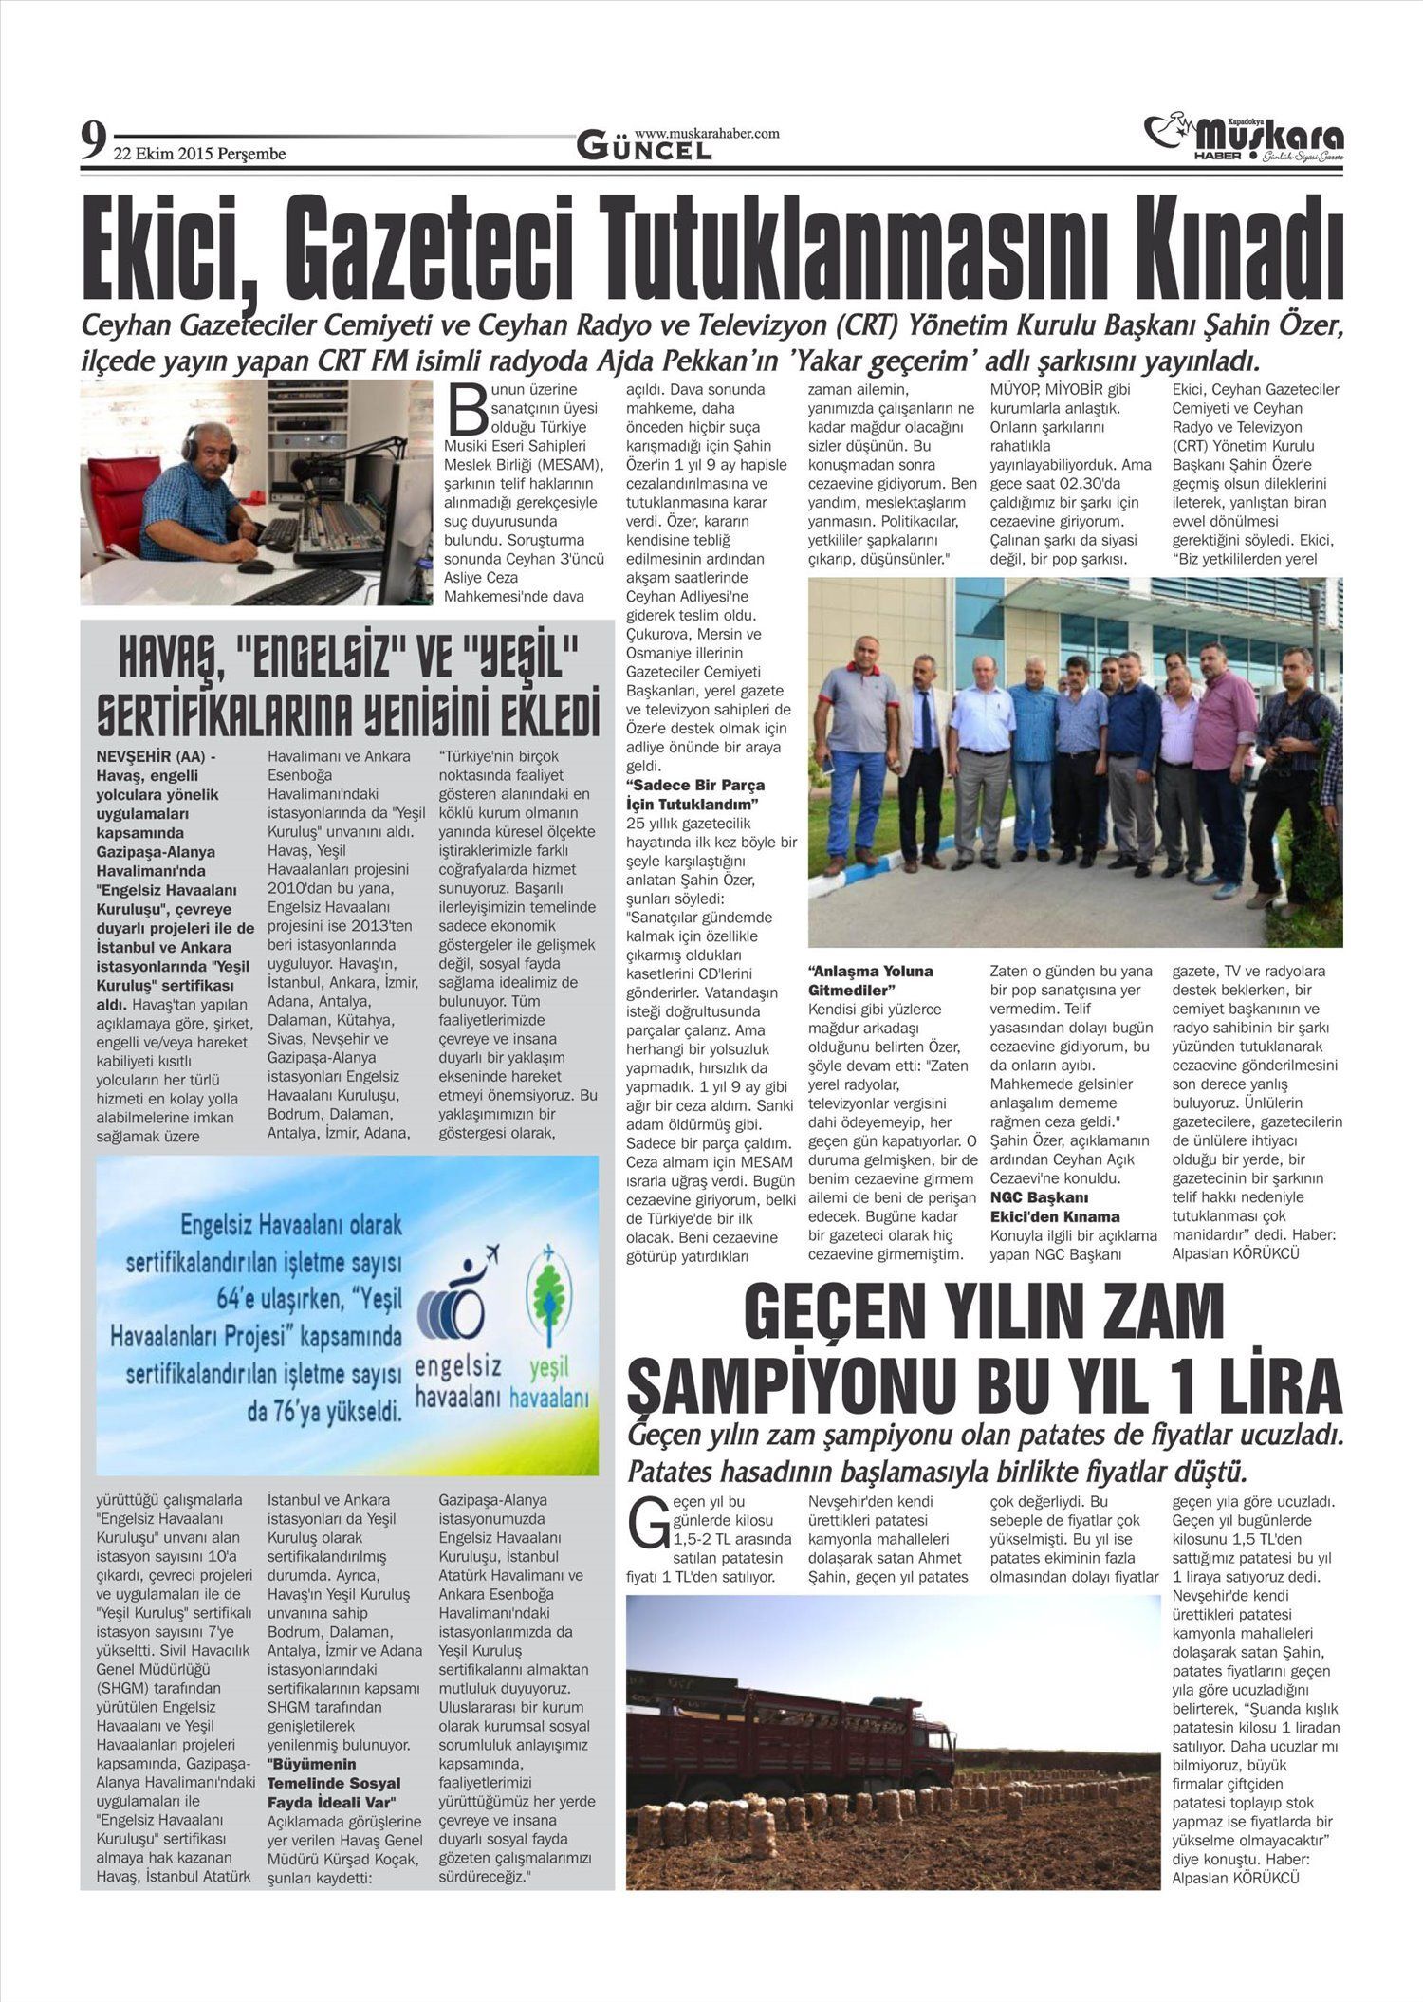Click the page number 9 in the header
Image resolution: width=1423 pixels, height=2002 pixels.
[92, 142]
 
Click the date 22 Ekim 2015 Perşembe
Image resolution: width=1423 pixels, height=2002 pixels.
[199, 154]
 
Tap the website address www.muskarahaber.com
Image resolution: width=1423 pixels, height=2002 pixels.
[707, 134]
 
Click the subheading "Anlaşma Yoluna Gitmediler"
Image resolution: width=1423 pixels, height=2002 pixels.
[870, 980]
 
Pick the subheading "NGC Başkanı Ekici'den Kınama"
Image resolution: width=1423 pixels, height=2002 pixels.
[1054, 1207]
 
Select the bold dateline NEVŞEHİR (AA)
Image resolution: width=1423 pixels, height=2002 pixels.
[156, 757]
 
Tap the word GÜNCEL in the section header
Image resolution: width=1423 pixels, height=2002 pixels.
[645, 148]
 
